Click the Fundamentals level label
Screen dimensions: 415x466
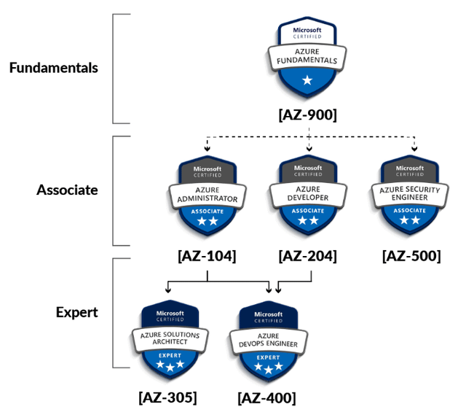(53, 68)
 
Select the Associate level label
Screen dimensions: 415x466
(67, 190)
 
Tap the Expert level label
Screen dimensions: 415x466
(76, 312)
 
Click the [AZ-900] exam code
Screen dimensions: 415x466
(307, 115)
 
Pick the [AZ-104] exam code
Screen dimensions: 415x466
(207, 256)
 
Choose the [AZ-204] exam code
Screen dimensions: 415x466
(307, 256)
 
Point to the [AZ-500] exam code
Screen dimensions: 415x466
(411, 256)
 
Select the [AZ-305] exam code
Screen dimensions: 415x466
(167, 397)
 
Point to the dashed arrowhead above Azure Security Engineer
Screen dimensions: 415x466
(414, 149)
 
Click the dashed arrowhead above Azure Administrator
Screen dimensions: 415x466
(207, 149)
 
